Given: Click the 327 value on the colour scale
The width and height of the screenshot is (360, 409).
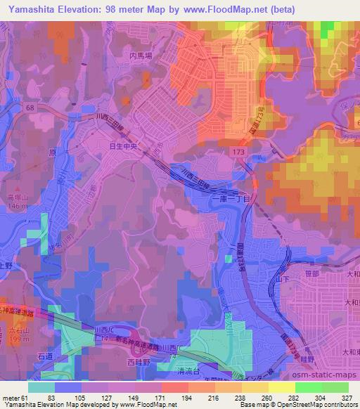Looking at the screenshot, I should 346,397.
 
